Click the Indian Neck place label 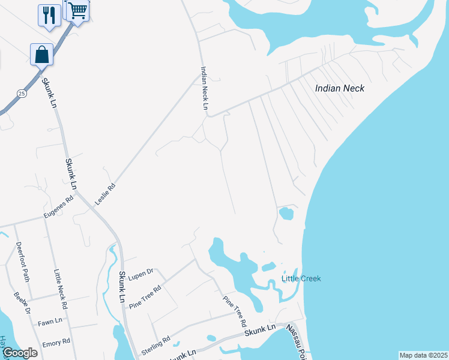pyautogui.click(x=340, y=88)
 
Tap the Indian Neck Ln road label pyautogui.click(x=204, y=88)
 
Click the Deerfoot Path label pyautogui.click(x=23, y=262)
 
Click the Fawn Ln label pyautogui.click(x=50, y=322)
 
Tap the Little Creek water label pyautogui.click(x=301, y=278)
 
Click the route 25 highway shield pyautogui.click(x=22, y=93)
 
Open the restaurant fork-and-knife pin pyautogui.click(x=49, y=14)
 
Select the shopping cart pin pyautogui.click(x=77, y=10)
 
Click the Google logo pyautogui.click(x=19, y=353)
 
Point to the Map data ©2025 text pyautogui.click(x=423, y=355)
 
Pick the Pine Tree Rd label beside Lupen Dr pyautogui.click(x=145, y=297)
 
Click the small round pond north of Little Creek pyautogui.click(x=286, y=214)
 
